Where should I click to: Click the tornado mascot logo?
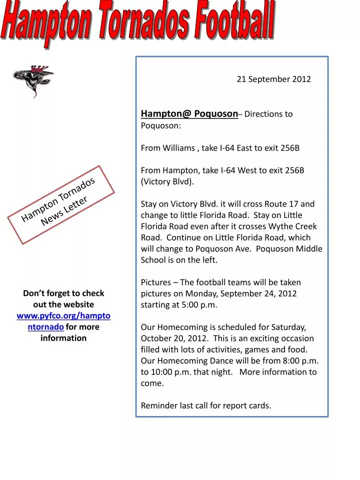(33, 80)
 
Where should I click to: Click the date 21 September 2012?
(273, 79)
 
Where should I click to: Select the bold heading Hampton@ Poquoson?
(189, 113)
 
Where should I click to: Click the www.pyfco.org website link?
(63, 321)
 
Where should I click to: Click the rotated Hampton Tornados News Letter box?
(61, 204)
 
